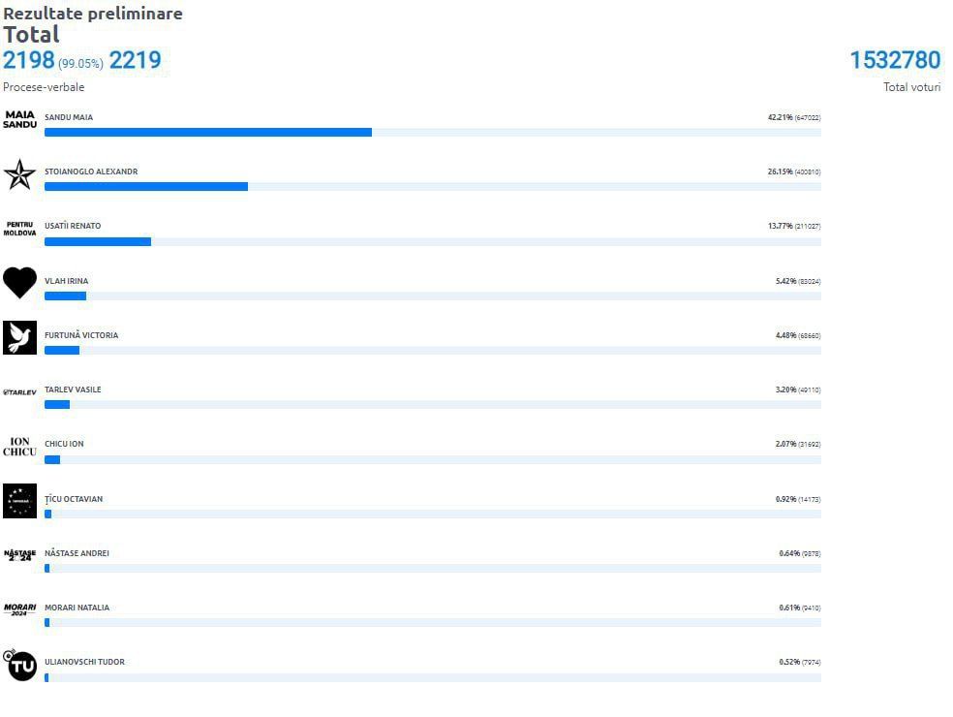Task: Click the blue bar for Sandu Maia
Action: click(208, 132)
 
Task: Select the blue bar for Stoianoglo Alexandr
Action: click(146, 186)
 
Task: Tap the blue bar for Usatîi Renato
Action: click(98, 241)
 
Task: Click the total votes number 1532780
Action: click(895, 60)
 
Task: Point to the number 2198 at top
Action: click(29, 61)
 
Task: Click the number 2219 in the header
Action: click(135, 61)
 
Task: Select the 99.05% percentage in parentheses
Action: click(80, 64)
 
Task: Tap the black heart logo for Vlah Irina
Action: click(19, 283)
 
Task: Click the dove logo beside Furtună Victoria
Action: click(19, 337)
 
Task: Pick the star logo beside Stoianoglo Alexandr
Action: click(19, 174)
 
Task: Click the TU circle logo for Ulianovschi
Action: click(20, 665)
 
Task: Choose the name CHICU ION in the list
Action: click(64, 444)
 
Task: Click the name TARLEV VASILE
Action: click(73, 390)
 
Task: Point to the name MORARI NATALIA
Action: click(77, 608)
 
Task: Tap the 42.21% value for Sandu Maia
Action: click(780, 117)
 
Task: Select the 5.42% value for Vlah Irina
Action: click(784, 281)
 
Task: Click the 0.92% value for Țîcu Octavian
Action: click(784, 499)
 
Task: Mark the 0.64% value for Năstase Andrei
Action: click(788, 553)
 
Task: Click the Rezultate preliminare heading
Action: click(93, 14)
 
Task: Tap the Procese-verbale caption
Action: click(44, 87)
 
